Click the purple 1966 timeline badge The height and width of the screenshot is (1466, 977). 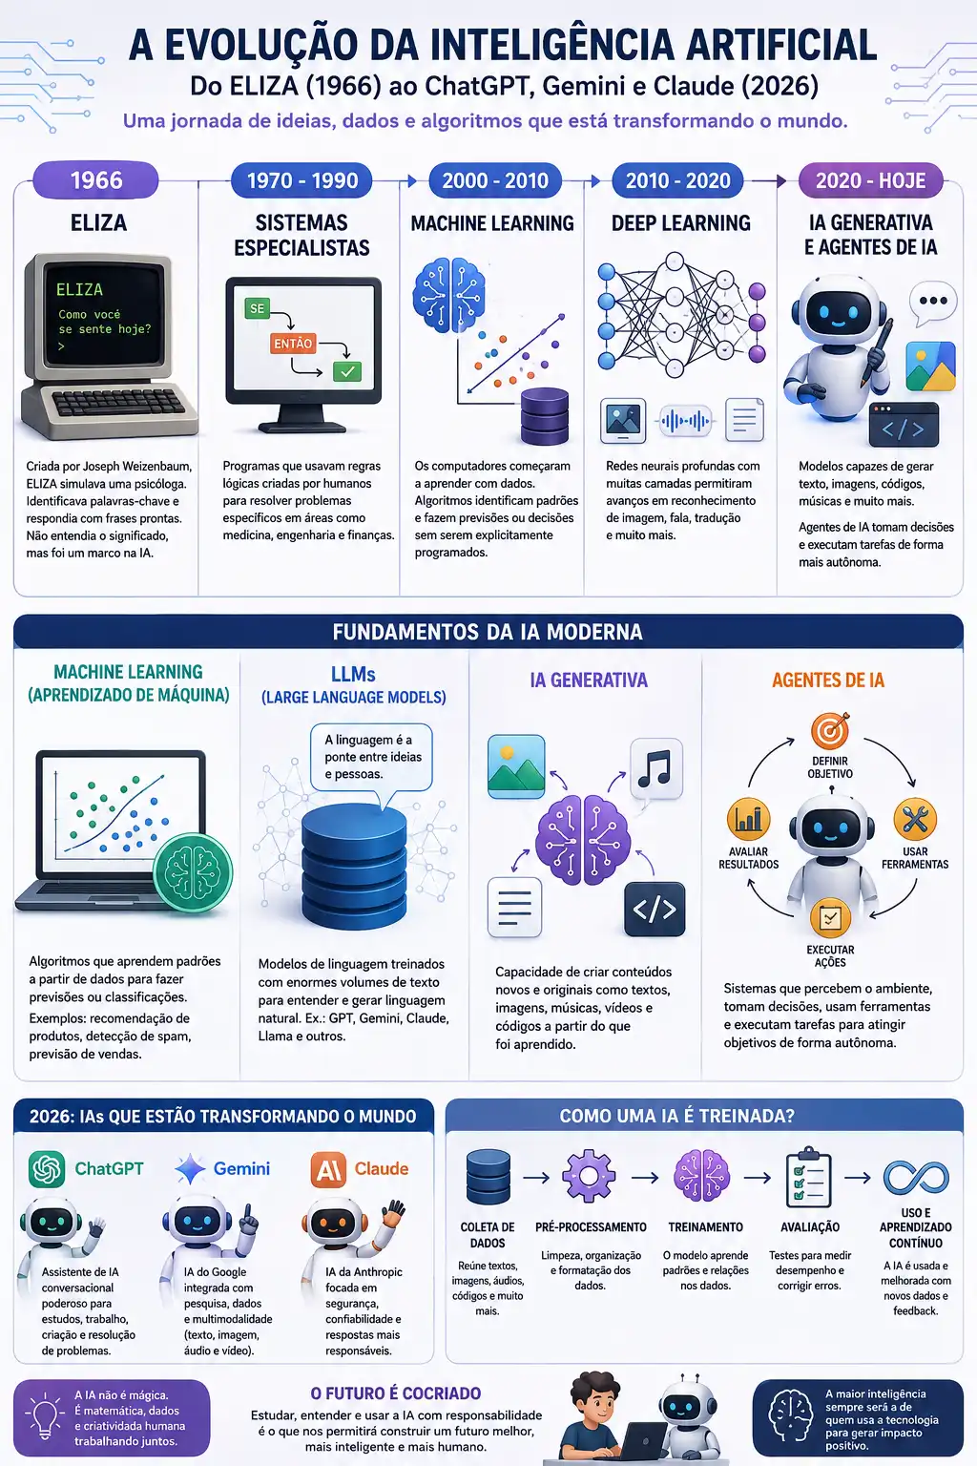coord(95,180)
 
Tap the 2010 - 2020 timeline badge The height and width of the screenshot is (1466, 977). coord(677,180)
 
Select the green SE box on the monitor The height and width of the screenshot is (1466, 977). coord(258,308)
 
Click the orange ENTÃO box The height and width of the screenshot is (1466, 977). coord(293,344)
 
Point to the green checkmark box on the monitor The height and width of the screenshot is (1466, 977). coord(347,371)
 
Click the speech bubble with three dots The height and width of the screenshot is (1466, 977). coord(932,303)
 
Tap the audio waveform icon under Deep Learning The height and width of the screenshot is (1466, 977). coord(684,421)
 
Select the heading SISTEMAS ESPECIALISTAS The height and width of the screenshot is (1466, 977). coord(301,235)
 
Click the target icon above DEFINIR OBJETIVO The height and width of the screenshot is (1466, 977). coord(830,730)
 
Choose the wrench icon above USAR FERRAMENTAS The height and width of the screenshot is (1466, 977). coord(915,819)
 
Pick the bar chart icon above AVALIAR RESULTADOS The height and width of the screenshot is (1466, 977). coord(748,819)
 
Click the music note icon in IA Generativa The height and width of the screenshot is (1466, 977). coord(655,768)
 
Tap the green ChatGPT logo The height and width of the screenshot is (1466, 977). coord(47,1169)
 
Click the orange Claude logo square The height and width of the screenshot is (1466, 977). coord(328,1169)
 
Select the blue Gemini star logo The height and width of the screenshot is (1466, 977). coord(191,1169)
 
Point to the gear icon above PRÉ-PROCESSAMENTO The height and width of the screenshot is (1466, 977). coord(589,1176)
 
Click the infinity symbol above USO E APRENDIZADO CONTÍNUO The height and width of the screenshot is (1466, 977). coord(916,1178)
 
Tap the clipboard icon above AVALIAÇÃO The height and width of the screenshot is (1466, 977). coord(809,1177)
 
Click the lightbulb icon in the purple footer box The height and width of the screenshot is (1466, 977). coord(45,1417)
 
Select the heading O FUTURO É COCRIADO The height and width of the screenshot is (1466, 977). coord(396,1393)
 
